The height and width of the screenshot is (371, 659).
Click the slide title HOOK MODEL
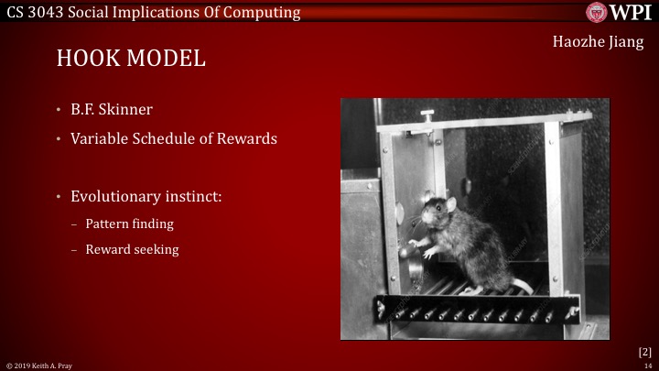(131, 58)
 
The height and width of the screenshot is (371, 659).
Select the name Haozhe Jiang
(600, 43)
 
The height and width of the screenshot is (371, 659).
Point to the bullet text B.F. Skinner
(112, 110)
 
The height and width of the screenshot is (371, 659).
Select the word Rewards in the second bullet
(250, 139)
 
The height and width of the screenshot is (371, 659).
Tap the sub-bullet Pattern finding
(130, 224)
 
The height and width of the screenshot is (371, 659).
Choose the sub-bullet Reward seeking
(132, 248)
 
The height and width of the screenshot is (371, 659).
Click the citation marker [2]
(644, 351)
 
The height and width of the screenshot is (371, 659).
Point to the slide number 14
(647, 366)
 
